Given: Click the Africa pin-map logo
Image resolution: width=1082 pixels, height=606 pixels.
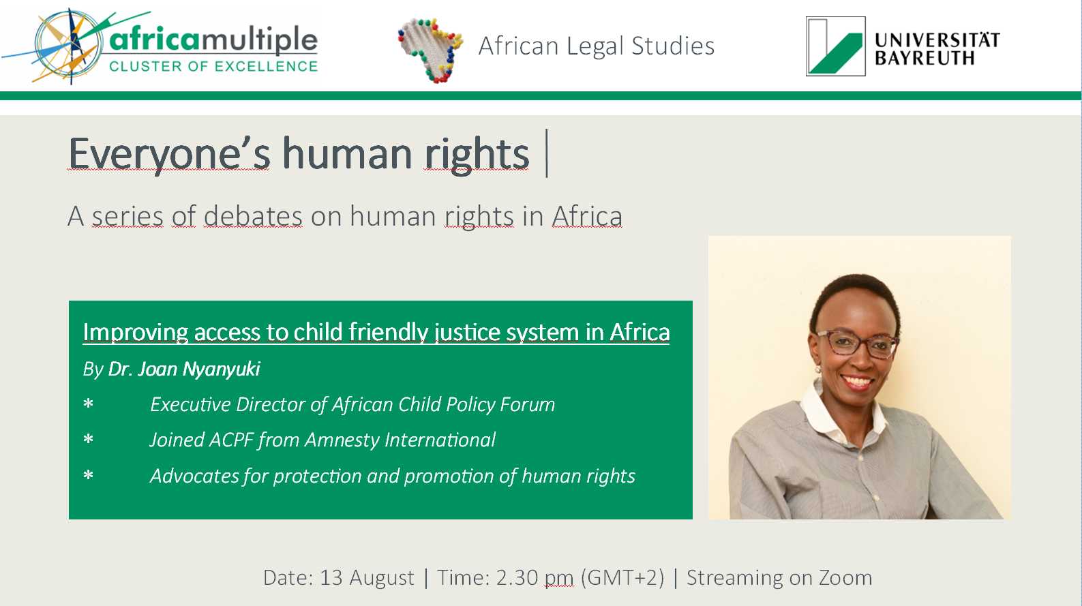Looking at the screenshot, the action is pos(430,50).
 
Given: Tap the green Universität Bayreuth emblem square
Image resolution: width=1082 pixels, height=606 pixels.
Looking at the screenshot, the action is pos(836,46).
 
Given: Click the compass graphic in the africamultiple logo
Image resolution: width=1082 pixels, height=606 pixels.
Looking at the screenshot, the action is pos(69,46).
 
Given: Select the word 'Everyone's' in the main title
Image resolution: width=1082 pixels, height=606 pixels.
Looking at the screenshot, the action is pos(169,154).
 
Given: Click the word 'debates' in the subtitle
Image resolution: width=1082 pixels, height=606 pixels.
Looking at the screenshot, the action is pos(253,216).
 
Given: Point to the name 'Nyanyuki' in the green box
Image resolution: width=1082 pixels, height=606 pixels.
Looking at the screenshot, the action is pos(222,369).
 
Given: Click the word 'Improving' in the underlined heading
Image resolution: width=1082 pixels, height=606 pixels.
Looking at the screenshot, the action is pos(135,332).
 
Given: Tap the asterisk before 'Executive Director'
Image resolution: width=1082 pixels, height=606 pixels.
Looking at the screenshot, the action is pos(88,404).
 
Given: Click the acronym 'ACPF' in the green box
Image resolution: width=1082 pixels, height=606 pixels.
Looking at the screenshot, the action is pos(231,440).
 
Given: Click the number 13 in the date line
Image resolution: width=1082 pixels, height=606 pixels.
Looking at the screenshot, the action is pos(331,578).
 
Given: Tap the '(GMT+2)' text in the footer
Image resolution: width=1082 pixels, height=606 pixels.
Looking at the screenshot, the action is pos(622,578).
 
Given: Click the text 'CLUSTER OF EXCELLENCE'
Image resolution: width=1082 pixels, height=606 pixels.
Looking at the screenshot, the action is pos(213,66).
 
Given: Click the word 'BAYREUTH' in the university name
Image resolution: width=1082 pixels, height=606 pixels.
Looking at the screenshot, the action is pos(925,59).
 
